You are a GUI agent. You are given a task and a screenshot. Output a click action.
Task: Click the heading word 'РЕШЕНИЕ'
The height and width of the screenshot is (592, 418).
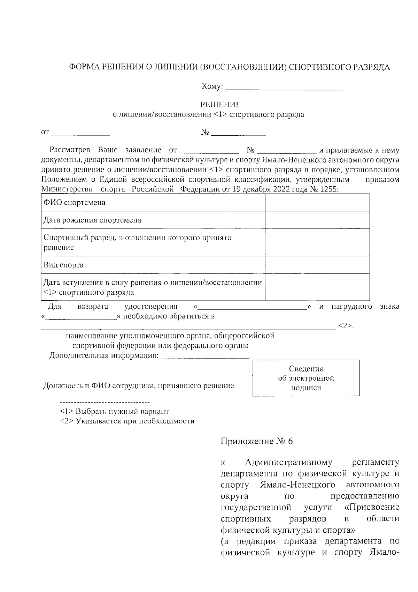coord(220,105)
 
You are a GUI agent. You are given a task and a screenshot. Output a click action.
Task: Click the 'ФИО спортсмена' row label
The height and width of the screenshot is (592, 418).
coord(74,203)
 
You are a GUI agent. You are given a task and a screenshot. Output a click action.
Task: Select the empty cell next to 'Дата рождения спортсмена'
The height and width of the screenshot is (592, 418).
coord(317,220)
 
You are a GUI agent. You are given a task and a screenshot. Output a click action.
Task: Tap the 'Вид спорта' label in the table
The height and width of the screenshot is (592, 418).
coord(63,265)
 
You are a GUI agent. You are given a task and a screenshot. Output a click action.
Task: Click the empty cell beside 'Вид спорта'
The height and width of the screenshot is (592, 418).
coord(317,265)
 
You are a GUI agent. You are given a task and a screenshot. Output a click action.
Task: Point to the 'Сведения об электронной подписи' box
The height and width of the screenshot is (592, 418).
coord(305,378)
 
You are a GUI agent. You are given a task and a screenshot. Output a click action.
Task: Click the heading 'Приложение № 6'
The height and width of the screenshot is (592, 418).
coord(257,441)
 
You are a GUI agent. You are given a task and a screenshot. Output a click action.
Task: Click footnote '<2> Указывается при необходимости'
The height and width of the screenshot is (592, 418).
coord(127,421)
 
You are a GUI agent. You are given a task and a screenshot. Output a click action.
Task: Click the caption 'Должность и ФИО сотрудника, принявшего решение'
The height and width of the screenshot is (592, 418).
coord(138,386)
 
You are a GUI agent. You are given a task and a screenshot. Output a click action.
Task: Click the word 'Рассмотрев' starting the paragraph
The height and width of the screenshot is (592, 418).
coord(70,150)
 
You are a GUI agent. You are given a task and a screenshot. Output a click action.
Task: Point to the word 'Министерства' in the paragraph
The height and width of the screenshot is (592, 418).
coord(64,189)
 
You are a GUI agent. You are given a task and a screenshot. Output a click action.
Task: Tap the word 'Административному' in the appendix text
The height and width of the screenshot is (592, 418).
coord(289,463)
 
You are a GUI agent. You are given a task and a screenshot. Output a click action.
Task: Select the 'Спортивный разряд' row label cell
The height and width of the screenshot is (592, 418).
coord(137,242)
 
